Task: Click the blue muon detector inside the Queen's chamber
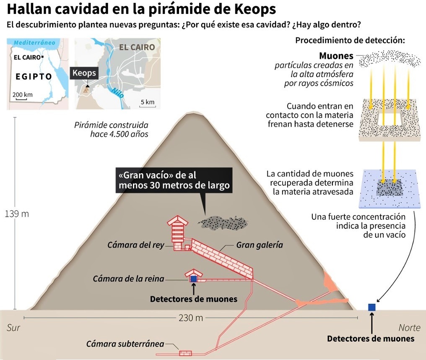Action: tap(194, 279)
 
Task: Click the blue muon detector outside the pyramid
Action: tap(371, 307)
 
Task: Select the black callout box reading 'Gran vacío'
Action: tap(174, 180)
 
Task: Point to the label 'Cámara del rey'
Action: tap(135, 245)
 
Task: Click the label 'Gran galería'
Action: tap(260, 245)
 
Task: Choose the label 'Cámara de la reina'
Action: tap(128, 279)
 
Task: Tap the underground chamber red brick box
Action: tap(185, 353)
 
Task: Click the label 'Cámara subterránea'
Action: tap(125, 344)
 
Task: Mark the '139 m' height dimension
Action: tap(17, 214)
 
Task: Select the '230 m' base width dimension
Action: tap(190, 318)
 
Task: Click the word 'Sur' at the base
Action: tap(13, 327)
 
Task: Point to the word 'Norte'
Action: tap(409, 327)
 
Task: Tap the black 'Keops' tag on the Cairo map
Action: tap(84, 73)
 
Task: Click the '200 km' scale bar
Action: tap(23, 95)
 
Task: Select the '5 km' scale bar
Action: tap(147, 102)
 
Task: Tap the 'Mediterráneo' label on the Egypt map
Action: tap(34, 43)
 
